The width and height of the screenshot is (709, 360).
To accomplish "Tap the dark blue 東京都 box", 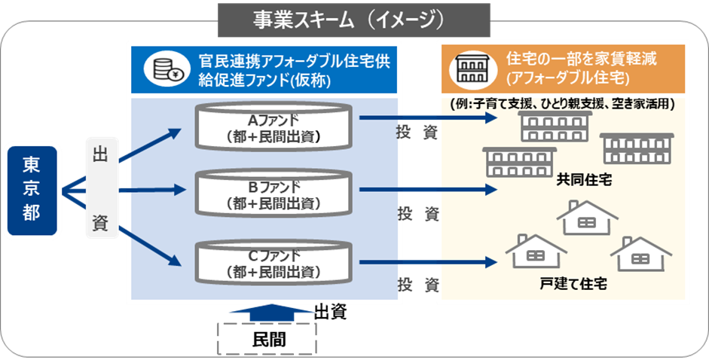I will tap(31, 191).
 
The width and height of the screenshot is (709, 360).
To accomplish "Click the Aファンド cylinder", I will tap(274, 127).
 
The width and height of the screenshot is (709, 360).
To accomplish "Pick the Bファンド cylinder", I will tap(274, 194).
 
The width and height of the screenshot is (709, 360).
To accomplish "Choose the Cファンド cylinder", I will tap(274, 261).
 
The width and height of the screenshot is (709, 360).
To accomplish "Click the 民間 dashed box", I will tap(268, 340).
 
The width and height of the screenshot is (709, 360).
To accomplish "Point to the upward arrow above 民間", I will tap(268, 312).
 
